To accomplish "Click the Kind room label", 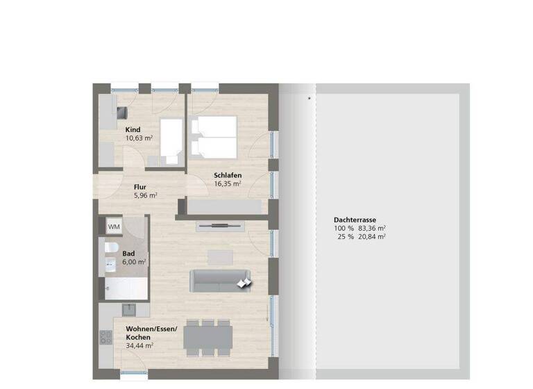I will click(x=133, y=130).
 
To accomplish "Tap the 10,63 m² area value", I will click(x=140, y=138).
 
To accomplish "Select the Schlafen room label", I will click(x=227, y=176).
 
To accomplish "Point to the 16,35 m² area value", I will click(x=227, y=184).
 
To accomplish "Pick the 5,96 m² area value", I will click(x=145, y=195).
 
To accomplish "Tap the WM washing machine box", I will click(x=114, y=226).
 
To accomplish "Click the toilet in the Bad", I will click(x=111, y=247).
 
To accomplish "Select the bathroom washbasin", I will click(x=110, y=264).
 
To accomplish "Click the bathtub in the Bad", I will click(x=125, y=287).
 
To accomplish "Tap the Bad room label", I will click(x=128, y=254).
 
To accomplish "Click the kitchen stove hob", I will click(x=106, y=337).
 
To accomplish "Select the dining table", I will click(x=207, y=338).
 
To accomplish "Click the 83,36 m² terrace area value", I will click(x=372, y=228).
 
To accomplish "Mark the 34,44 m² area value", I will click(x=140, y=345).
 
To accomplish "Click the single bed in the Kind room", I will click(x=171, y=140).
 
